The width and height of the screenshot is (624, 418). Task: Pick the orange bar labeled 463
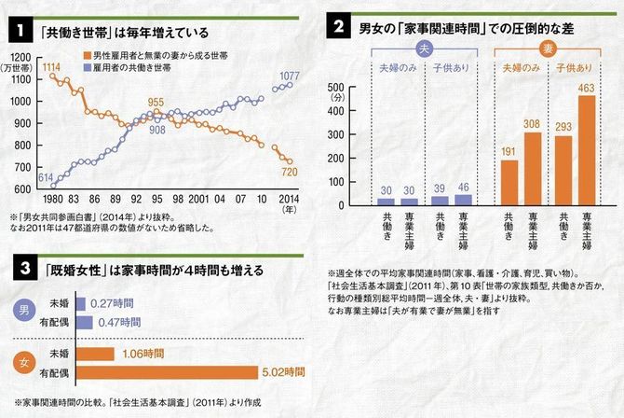coord(587,150)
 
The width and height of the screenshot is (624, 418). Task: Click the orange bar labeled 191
coord(509,182)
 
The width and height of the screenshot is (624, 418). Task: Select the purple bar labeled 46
coord(461,200)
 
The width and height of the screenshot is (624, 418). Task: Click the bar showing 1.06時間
coord(94,354)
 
